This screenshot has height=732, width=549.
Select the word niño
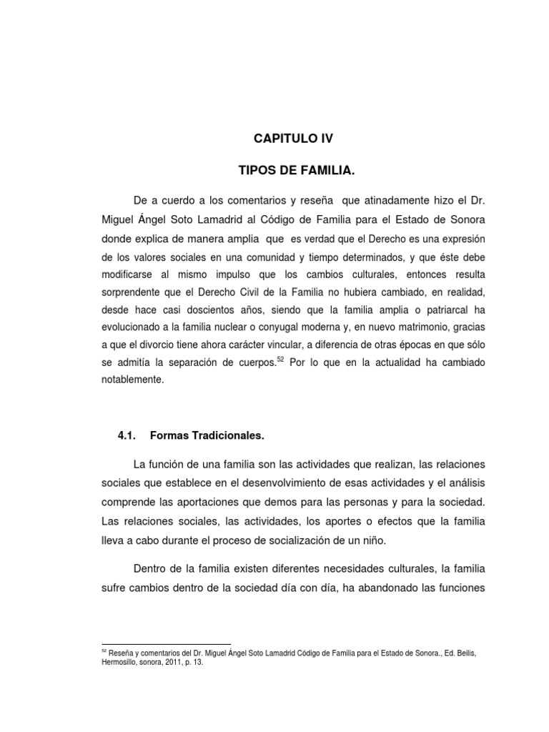tap(372, 542)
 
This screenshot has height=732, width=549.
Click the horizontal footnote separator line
tap(167, 643)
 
